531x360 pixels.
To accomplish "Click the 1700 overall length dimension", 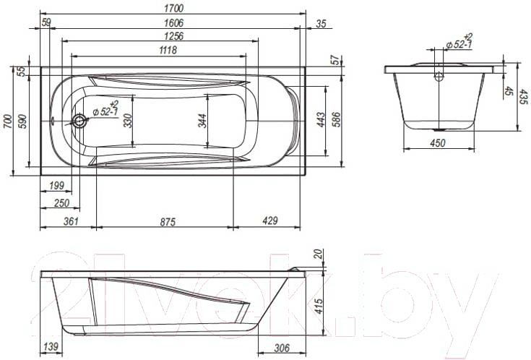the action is pyautogui.click(x=173, y=8).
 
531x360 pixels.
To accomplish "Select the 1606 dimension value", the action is pyautogui.click(x=173, y=22).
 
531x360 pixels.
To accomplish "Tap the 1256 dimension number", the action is pyautogui.click(x=173, y=36).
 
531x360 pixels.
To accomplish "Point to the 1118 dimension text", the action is pyautogui.click(x=168, y=50).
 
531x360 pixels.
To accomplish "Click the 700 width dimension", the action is pyautogui.click(x=8, y=121).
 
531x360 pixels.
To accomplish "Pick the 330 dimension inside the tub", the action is pyautogui.click(x=128, y=121).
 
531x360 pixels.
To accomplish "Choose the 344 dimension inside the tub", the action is pyautogui.click(x=202, y=121).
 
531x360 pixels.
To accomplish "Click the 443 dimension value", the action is pyautogui.click(x=320, y=120).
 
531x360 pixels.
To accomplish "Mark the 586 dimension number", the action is pyautogui.click(x=337, y=120).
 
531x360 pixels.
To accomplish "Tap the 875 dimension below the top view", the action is pyautogui.click(x=168, y=222).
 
